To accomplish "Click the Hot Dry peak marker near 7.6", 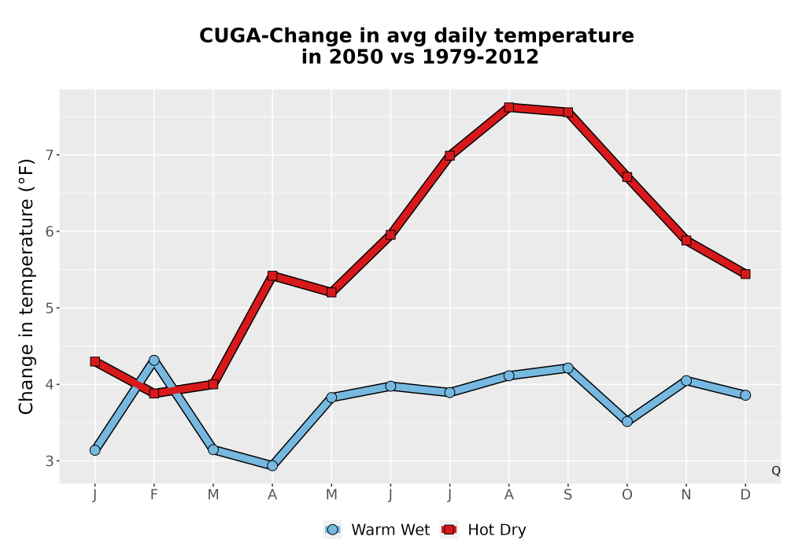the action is click(509, 107).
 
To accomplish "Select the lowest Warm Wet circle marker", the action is click(272, 466).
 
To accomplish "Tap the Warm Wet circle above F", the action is click(154, 361).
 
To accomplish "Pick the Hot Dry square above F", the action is click(154, 394).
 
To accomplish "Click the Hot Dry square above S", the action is click(568, 112).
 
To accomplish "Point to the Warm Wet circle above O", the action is click(627, 421).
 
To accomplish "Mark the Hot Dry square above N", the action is click(686, 240).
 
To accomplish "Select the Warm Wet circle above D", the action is click(745, 395).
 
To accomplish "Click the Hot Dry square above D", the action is click(745, 274).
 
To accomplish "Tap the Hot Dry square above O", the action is click(627, 176).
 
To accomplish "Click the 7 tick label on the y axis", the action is click(49, 155).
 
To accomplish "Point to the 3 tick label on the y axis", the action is click(49, 460).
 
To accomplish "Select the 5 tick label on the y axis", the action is click(49, 308).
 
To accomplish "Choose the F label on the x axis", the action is click(154, 495).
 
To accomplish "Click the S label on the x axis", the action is click(568, 495).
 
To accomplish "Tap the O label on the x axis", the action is click(627, 495).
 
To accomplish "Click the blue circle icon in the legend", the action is click(332, 530).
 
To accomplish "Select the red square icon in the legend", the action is click(449, 530).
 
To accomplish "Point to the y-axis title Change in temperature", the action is click(26, 287).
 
